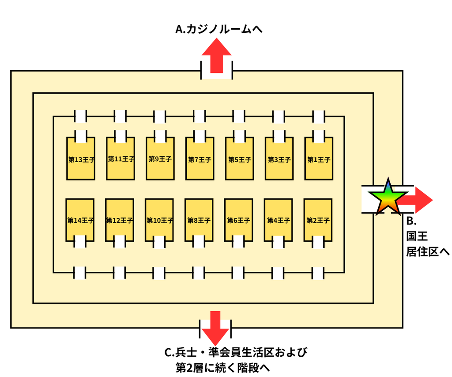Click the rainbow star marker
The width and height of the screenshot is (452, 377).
388,197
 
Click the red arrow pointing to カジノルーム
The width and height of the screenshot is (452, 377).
216,55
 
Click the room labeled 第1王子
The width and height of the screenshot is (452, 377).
319,159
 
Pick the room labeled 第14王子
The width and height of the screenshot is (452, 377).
80,220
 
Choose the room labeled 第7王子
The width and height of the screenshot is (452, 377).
200,159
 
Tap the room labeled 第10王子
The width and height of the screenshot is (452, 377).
159,220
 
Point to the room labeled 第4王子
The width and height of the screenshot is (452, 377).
278,220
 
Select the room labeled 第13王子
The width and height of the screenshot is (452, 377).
81,159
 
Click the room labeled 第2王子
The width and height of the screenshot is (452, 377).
318,220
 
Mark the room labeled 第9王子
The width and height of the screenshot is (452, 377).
160,159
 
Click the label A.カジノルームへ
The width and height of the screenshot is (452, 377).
219,29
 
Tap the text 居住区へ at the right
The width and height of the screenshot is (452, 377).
428,252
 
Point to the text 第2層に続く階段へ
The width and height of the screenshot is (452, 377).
223,368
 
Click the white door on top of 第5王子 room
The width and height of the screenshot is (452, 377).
239,136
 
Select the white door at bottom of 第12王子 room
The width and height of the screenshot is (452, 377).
120,242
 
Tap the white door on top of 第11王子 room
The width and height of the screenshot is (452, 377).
121,136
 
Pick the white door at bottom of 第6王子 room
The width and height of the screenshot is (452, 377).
238,242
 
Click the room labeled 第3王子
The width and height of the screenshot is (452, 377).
279,159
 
